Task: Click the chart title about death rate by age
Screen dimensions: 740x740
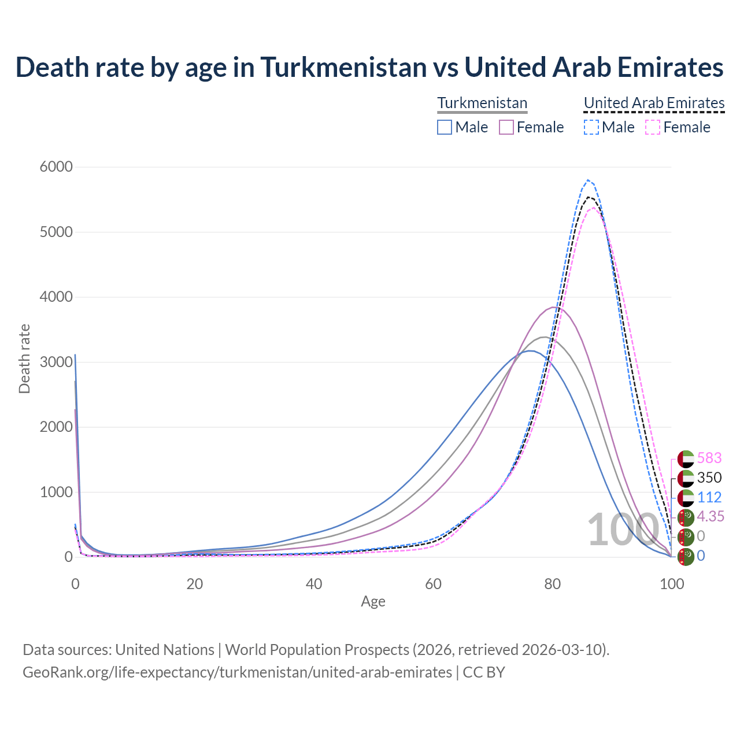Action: point(369,67)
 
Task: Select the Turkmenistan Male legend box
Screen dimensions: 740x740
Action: point(445,127)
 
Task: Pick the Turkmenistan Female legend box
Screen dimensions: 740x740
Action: point(506,127)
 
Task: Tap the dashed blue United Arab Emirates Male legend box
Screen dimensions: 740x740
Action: point(591,127)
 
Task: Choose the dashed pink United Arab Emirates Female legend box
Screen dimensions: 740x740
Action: point(653,127)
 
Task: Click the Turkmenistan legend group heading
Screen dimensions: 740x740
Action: point(482,103)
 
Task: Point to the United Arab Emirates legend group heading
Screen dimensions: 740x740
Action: point(654,103)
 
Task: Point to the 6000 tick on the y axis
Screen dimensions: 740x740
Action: point(56,167)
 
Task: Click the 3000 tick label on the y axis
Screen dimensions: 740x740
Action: point(56,362)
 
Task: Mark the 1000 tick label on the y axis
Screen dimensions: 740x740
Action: point(56,493)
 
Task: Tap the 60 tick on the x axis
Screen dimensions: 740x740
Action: point(433,584)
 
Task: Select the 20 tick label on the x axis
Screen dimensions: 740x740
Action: point(195,584)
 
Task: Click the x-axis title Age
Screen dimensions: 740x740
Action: point(373,602)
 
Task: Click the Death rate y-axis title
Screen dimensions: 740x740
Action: point(24,359)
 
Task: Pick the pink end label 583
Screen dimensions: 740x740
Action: point(709,458)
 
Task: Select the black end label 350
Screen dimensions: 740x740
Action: point(709,478)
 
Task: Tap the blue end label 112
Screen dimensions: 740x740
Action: point(709,498)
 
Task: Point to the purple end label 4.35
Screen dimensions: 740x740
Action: point(711,517)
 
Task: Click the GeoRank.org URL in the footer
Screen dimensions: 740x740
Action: point(237,673)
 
